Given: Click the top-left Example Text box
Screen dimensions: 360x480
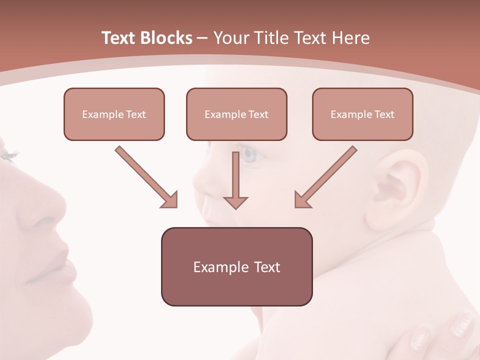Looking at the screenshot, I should tap(114, 114).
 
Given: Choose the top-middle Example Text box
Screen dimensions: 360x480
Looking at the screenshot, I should tap(236, 114).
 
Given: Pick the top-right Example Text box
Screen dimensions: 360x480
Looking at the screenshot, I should tap(362, 114).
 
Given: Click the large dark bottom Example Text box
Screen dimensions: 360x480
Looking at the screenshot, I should tap(236, 266).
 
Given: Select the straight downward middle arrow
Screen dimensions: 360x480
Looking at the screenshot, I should tap(235, 180).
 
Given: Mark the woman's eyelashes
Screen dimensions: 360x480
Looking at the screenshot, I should tap(9, 155).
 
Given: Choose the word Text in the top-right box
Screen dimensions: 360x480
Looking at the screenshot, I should tap(384, 114).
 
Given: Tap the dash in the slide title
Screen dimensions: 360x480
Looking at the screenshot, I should tap(202, 38).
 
